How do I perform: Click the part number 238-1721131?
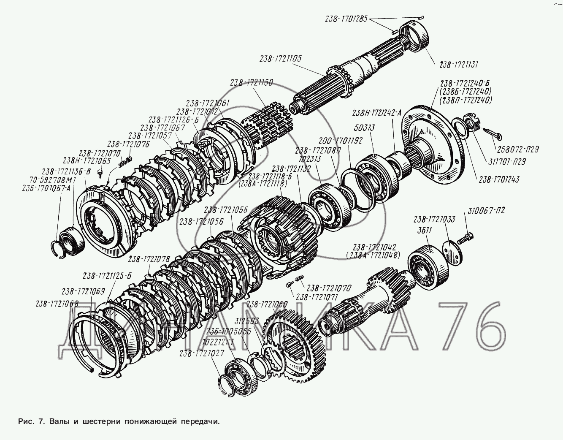[458, 65]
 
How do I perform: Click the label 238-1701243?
[498, 179]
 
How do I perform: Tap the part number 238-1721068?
[57, 303]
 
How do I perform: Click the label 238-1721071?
[317, 297]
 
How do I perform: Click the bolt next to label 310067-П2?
[467, 239]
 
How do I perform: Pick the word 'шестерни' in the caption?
[101, 421]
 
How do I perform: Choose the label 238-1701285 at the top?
[346, 19]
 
